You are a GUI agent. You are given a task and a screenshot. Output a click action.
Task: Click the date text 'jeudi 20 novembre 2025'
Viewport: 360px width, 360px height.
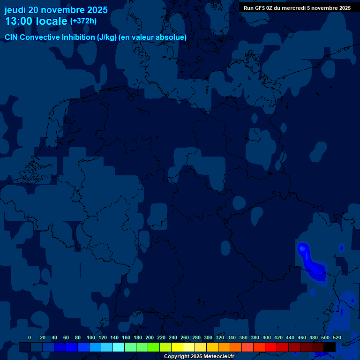tap(56, 10)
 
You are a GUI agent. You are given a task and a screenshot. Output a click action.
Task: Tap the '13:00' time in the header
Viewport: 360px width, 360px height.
tap(17, 21)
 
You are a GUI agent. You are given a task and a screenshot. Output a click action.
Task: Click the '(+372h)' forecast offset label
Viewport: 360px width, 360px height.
tap(83, 21)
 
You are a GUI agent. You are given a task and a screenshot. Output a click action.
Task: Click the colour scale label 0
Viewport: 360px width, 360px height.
tap(30, 337)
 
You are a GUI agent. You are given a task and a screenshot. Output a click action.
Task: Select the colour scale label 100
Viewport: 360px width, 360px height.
tap(91, 337)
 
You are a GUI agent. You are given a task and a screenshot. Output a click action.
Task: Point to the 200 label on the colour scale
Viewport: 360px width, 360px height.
tap(150, 337)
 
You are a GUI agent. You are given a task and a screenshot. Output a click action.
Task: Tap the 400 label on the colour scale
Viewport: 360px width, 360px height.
tap(267, 337)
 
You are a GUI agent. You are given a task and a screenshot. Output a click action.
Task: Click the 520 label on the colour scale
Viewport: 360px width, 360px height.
tap(337, 337)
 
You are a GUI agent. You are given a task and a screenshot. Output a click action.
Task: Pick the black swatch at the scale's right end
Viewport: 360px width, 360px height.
tap(330, 347)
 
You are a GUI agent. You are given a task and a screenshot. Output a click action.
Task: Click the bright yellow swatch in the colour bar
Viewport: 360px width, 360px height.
tap(177, 347)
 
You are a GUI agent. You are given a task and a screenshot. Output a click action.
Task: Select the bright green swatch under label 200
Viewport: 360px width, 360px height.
tap(154, 347)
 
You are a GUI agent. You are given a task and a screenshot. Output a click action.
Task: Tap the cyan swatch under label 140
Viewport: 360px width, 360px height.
tap(119, 347)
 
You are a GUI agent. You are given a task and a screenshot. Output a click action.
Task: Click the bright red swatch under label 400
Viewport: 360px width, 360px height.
tap(271, 347)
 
